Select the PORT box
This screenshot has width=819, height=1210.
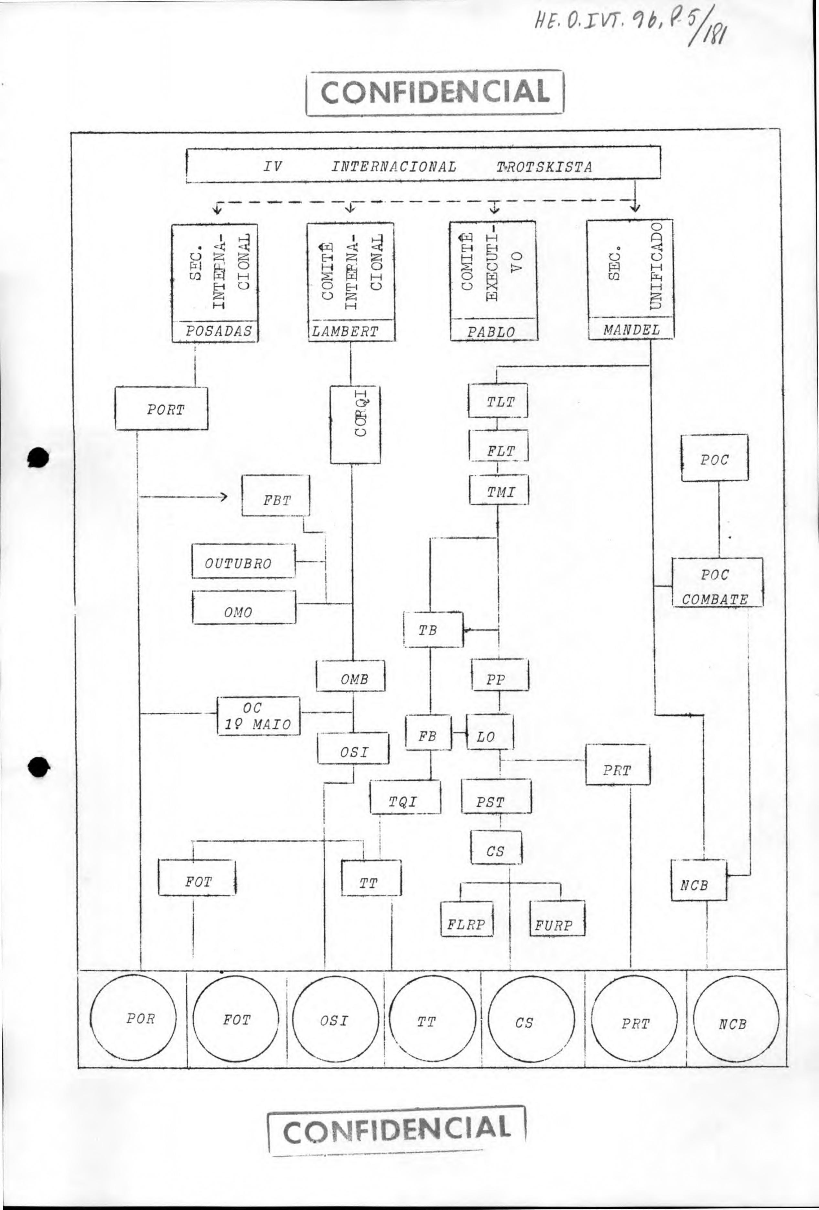pyautogui.click(x=162, y=408)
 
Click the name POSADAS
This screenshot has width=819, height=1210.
pyautogui.click(x=219, y=331)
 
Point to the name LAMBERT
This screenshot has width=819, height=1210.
pyautogui.click(x=345, y=332)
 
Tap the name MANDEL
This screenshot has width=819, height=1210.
pyautogui.click(x=632, y=329)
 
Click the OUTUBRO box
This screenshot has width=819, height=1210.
pyautogui.click(x=243, y=561)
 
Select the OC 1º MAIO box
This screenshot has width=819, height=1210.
pyautogui.click(x=259, y=716)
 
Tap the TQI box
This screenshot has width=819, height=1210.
pyautogui.click(x=405, y=797)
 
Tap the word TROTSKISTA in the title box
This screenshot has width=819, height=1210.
pyautogui.click(x=544, y=167)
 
